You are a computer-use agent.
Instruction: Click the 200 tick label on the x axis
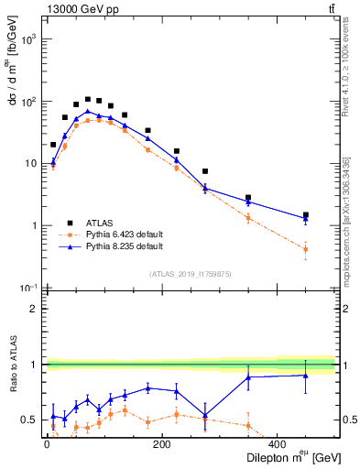tap(162, 444)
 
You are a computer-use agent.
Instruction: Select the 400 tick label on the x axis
tap(277, 444)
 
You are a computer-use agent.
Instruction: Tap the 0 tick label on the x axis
tap(47, 444)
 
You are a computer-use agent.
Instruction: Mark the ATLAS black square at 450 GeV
tap(306, 215)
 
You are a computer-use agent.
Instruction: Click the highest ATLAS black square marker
tap(88, 99)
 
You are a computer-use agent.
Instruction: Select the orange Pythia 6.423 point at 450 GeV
tap(306, 249)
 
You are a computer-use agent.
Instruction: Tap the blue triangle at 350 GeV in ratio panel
tap(248, 377)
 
